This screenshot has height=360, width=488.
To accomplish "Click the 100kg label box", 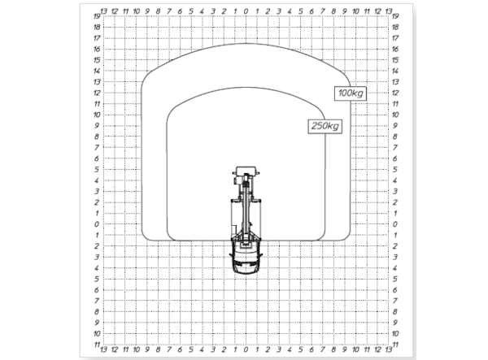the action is tap(351, 93).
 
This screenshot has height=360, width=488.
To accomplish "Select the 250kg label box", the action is tap(325, 126).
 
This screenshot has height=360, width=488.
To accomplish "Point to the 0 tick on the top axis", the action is tap(246, 11).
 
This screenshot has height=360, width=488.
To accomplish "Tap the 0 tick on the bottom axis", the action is tap(246, 350).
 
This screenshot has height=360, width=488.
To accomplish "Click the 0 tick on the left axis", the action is tap(97, 224).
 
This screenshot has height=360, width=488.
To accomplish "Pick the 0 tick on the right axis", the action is tap(395, 224).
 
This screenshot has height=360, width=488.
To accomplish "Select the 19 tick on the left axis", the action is tap(97, 16).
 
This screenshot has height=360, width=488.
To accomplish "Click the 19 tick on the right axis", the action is tap(395, 16).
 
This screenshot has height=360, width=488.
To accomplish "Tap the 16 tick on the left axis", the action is tap(97, 49).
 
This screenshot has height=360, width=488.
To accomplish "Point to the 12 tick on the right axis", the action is tap(395, 93).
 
